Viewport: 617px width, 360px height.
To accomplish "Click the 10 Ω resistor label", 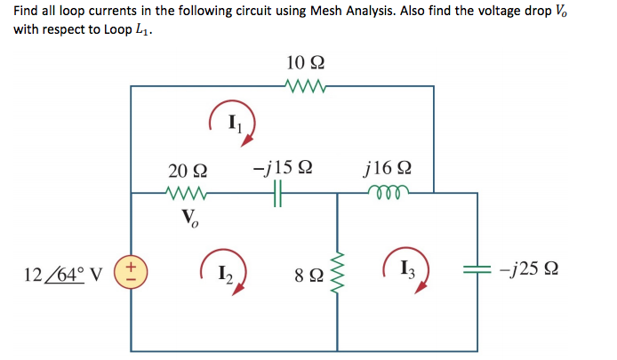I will click(x=305, y=63).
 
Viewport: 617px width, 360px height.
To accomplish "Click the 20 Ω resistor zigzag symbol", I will click(x=188, y=192).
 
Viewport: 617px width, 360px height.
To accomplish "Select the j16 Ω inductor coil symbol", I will click(x=389, y=189).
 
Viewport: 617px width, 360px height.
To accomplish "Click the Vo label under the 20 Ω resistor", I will click(x=189, y=217).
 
